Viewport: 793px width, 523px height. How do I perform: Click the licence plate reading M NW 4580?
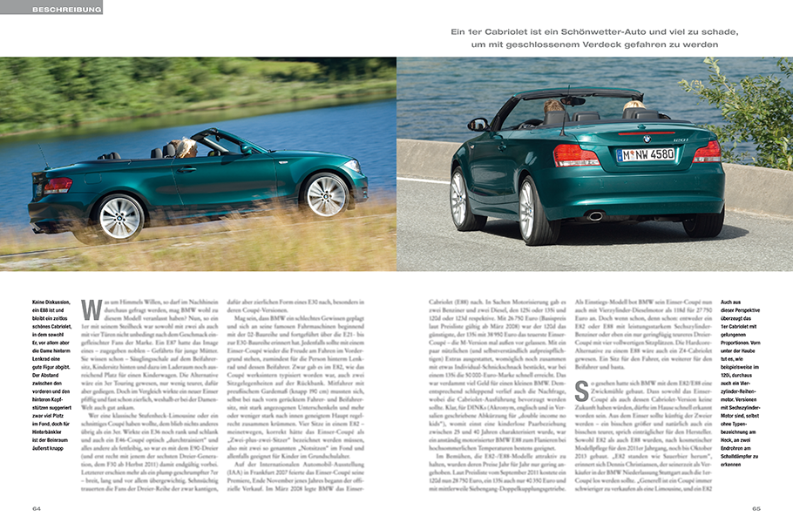click(x=646, y=154)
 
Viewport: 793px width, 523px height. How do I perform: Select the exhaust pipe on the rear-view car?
click(x=596, y=215)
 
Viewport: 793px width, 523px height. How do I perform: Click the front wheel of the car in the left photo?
click(x=326, y=195)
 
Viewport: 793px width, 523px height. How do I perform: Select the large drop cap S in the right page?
click(x=581, y=391)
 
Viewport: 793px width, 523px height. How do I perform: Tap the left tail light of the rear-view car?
click(x=577, y=156)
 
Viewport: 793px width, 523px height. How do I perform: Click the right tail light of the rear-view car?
click(x=707, y=152)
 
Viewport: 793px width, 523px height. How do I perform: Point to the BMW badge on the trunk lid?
click(x=646, y=137)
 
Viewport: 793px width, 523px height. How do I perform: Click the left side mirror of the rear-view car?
click(x=478, y=125)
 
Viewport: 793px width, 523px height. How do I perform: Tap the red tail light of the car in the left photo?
click(x=58, y=186)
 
